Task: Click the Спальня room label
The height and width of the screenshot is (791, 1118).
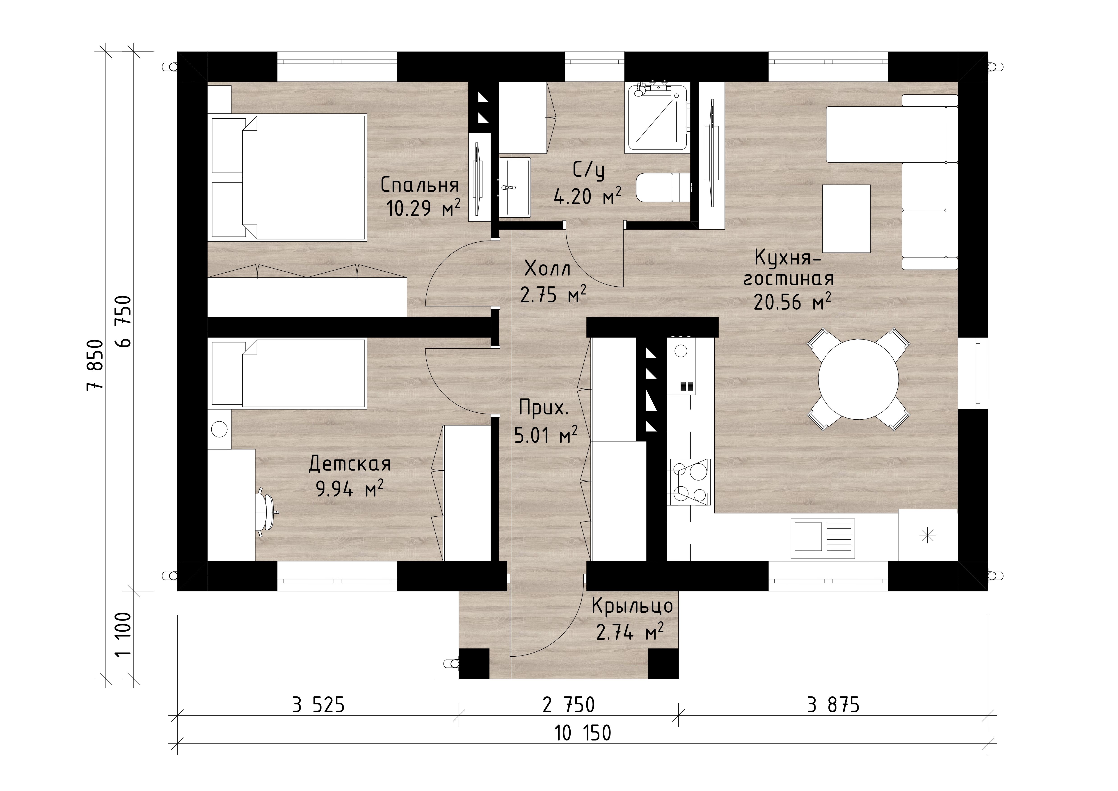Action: pyautogui.click(x=420, y=185)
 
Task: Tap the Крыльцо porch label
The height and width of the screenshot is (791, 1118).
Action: pyautogui.click(x=632, y=606)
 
